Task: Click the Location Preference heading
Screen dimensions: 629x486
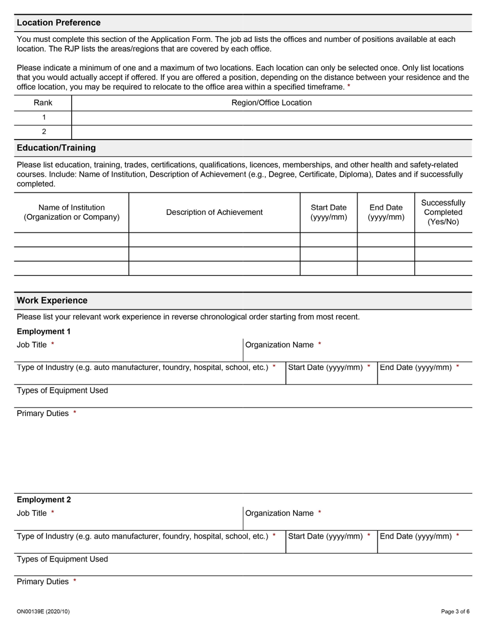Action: (58, 23)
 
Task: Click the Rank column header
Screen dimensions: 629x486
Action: (43, 103)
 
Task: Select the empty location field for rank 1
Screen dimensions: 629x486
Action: (271, 118)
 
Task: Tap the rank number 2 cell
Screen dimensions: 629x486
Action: (43, 132)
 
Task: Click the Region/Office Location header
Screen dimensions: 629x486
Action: (271, 103)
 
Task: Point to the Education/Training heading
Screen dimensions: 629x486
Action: (56, 148)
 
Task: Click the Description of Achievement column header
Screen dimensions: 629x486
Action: (214, 212)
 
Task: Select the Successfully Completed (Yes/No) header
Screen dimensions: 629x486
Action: (443, 212)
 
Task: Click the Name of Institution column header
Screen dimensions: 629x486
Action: (72, 212)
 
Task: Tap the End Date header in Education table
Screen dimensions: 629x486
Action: (386, 212)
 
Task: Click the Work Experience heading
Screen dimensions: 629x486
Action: (52, 301)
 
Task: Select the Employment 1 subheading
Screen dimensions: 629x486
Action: (43, 331)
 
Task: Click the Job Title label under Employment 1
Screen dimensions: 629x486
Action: (32, 345)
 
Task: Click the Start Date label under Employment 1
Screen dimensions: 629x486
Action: (325, 368)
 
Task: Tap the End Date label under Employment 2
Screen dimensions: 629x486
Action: (416, 536)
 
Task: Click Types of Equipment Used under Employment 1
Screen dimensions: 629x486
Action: (62, 391)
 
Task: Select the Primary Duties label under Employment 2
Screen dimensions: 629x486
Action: (42, 582)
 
